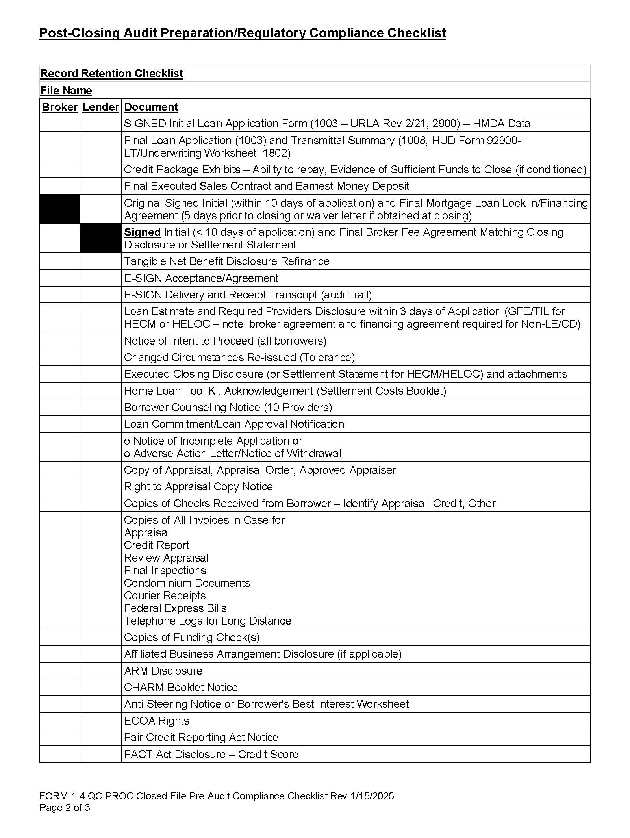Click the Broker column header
[x=59, y=107]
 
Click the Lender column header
[x=100, y=107]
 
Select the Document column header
[x=151, y=107]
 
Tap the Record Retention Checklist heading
[x=112, y=74]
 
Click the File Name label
[x=66, y=91]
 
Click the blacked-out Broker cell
[x=60, y=209]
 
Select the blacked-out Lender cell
[x=100, y=238]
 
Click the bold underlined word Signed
[x=142, y=232]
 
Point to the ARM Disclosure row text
[x=163, y=671]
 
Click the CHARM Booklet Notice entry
[x=181, y=687]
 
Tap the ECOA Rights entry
[x=156, y=721]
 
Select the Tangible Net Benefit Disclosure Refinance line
[x=226, y=261]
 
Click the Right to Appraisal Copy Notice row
[x=198, y=486]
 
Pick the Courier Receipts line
[x=165, y=595]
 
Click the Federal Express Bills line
[x=175, y=608]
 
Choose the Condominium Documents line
[x=187, y=583]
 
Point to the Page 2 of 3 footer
[x=65, y=808]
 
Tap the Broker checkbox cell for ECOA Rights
[x=60, y=721]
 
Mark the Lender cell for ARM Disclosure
[x=100, y=671]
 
